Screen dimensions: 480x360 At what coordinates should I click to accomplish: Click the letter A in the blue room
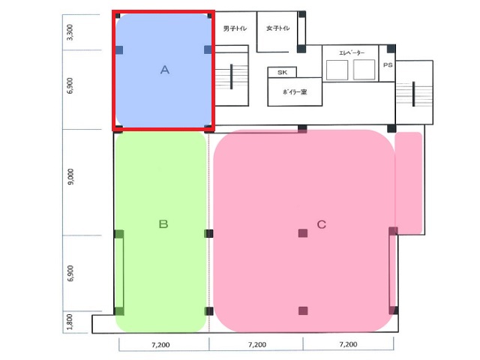pyautogui.click(x=165, y=70)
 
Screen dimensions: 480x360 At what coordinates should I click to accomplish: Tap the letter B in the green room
pyautogui.click(x=163, y=224)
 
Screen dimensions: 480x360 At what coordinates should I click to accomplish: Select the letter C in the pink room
pyautogui.click(x=322, y=224)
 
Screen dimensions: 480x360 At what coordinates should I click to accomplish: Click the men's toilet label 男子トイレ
pyautogui.click(x=235, y=28)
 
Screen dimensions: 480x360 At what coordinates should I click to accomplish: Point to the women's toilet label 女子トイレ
pyautogui.click(x=277, y=28)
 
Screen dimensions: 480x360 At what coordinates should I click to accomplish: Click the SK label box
pyautogui.click(x=282, y=72)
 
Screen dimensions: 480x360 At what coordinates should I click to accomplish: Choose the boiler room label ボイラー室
pyautogui.click(x=295, y=91)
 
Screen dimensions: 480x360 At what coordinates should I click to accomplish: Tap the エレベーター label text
pyautogui.click(x=352, y=52)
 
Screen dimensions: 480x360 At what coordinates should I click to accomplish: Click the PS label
pyautogui.click(x=388, y=65)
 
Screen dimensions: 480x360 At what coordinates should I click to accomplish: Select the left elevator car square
pyautogui.click(x=337, y=70)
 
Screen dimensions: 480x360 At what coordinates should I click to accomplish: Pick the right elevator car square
pyautogui.click(x=364, y=70)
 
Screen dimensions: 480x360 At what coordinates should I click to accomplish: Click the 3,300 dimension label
pyautogui.click(x=70, y=32)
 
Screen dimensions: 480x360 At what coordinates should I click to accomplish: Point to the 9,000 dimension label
pyautogui.click(x=70, y=177)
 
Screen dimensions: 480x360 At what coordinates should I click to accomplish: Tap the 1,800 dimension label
pyautogui.click(x=70, y=322)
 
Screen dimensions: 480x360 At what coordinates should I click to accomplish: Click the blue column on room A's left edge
pyautogui.click(x=119, y=50)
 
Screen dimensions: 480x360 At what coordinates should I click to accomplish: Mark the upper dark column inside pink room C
pyautogui.click(x=303, y=233)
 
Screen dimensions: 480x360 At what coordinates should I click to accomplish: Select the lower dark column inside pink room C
pyautogui.click(x=303, y=310)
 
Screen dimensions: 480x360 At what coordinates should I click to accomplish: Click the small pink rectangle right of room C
pyautogui.click(x=409, y=182)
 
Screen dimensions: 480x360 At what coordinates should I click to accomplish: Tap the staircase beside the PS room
pyautogui.click(x=414, y=94)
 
